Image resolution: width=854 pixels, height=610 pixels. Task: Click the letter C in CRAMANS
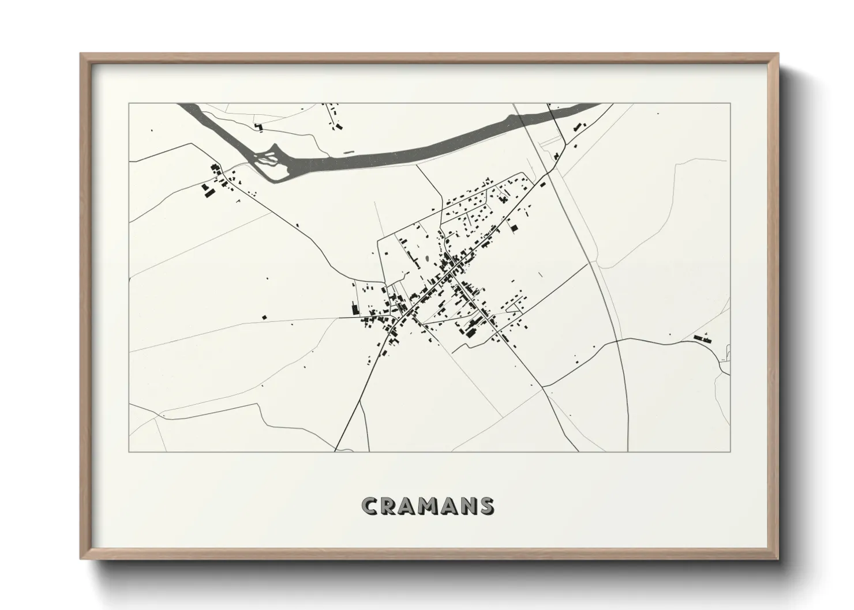tap(370, 506)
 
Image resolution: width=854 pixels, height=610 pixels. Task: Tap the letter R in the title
tap(390, 506)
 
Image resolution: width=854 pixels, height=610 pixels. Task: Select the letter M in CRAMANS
tap(429, 506)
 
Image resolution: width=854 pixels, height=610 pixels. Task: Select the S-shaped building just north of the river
tap(259, 126)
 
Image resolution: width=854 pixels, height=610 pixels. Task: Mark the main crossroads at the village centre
tap(449, 276)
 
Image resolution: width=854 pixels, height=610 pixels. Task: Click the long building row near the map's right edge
tap(703, 337)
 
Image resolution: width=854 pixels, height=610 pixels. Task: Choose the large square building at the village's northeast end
tap(513, 228)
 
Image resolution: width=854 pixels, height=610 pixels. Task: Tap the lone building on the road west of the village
tap(265, 317)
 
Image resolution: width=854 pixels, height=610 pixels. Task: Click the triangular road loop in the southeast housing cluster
tap(512, 310)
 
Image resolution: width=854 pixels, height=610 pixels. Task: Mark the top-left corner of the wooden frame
tap(81, 54)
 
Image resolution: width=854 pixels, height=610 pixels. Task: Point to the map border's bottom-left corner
tap(129, 451)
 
